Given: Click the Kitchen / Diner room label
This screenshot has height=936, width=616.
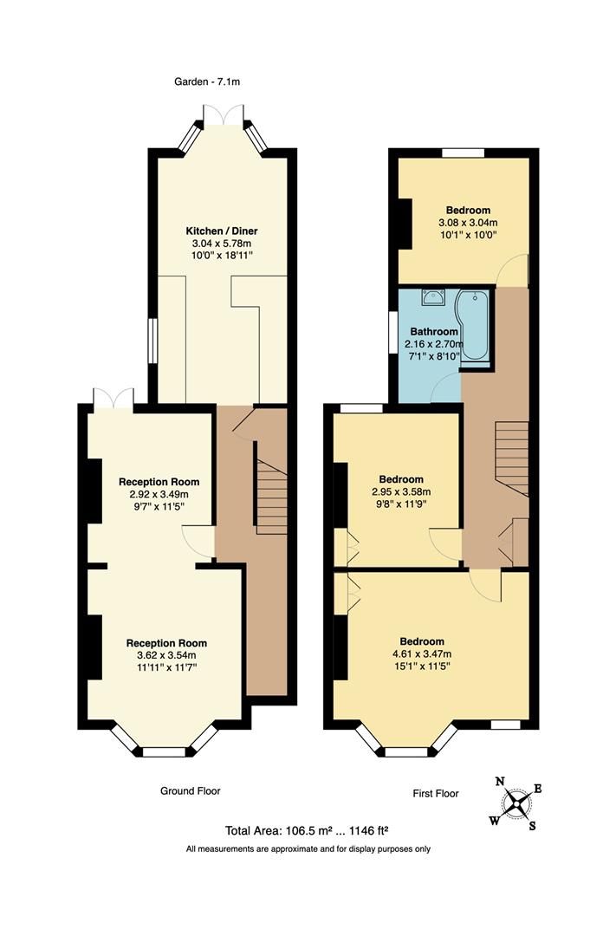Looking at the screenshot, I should pyautogui.click(x=222, y=231).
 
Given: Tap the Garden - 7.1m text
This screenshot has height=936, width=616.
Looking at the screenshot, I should pyautogui.click(x=206, y=83).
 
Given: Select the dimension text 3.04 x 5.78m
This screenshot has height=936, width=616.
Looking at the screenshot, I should pyautogui.click(x=222, y=244).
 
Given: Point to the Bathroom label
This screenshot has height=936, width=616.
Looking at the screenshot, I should pyautogui.click(x=434, y=332).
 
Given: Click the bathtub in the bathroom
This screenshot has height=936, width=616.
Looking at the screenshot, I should pyautogui.click(x=475, y=326).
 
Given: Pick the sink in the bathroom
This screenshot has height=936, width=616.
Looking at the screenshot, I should pyautogui.click(x=432, y=298).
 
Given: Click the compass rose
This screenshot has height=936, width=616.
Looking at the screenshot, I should pyautogui.click(x=516, y=803).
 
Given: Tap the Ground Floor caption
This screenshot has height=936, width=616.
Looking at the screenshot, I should pyautogui.click(x=191, y=790).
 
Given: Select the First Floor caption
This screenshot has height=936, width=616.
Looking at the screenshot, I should pyautogui.click(x=435, y=793).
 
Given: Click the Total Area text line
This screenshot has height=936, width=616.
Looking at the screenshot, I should pyautogui.click(x=308, y=829).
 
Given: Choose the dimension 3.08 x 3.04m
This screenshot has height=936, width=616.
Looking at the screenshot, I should pyautogui.click(x=468, y=222).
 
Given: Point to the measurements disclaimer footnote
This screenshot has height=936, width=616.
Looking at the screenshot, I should pyautogui.click(x=308, y=849).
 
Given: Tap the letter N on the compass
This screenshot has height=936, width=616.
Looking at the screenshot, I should pyautogui.click(x=500, y=782).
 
